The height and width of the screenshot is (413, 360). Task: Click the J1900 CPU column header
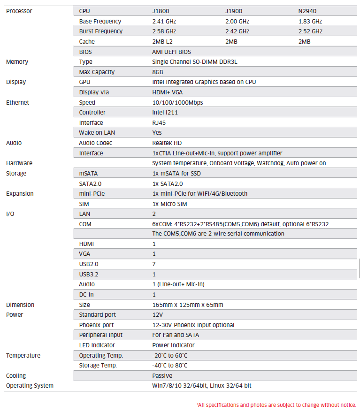click(x=233, y=11)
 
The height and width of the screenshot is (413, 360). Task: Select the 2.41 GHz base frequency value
click(x=164, y=21)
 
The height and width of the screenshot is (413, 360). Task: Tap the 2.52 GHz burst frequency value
click(x=310, y=31)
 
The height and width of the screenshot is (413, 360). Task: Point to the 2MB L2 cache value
click(x=163, y=42)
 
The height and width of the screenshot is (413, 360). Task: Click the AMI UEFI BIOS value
click(x=171, y=52)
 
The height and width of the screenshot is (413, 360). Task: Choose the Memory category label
click(x=17, y=62)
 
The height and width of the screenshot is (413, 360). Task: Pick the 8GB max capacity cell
click(x=158, y=72)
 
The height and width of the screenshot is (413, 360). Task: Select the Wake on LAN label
click(x=97, y=133)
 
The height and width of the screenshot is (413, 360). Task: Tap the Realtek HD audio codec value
click(x=167, y=143)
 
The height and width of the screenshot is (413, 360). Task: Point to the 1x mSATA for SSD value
click(x=176, y=173)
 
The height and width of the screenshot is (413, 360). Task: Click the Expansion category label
click(x=20, y=194)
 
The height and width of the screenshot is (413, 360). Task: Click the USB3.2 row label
click(x=90, y=274)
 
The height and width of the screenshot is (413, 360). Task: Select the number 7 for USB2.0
click(x=154, y=264)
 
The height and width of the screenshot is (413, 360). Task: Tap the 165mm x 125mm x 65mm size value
click(x=187, y=305)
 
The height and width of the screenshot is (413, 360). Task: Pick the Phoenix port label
click(x=96, y=325)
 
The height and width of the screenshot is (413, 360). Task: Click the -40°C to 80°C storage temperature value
click(x=169, y=366)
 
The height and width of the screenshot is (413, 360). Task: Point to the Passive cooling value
click(x=162, y=376)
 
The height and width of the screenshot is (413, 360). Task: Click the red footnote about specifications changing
click(x=276, y=405)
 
